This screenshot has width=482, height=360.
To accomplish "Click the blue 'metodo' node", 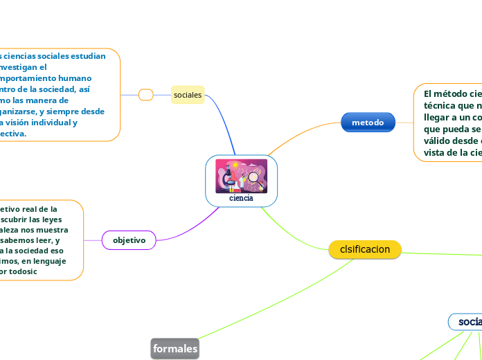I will [x=368, y=123].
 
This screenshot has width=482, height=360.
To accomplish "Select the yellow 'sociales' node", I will [x=188, y=94].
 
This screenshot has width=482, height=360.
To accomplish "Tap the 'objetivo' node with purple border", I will [x=130, y=240].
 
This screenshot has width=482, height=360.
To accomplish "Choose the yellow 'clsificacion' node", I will [x=365, y=249].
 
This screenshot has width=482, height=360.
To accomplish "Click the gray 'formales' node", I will [x=175, y=350].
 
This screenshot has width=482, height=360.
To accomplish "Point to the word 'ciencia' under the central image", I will [x=242, y=198].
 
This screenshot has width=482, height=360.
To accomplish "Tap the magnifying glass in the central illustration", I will [x=254, y=179].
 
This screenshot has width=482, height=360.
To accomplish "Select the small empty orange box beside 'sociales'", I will [x=145, y=95].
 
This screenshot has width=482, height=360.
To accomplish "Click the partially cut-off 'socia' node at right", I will [x=467, y=322].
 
